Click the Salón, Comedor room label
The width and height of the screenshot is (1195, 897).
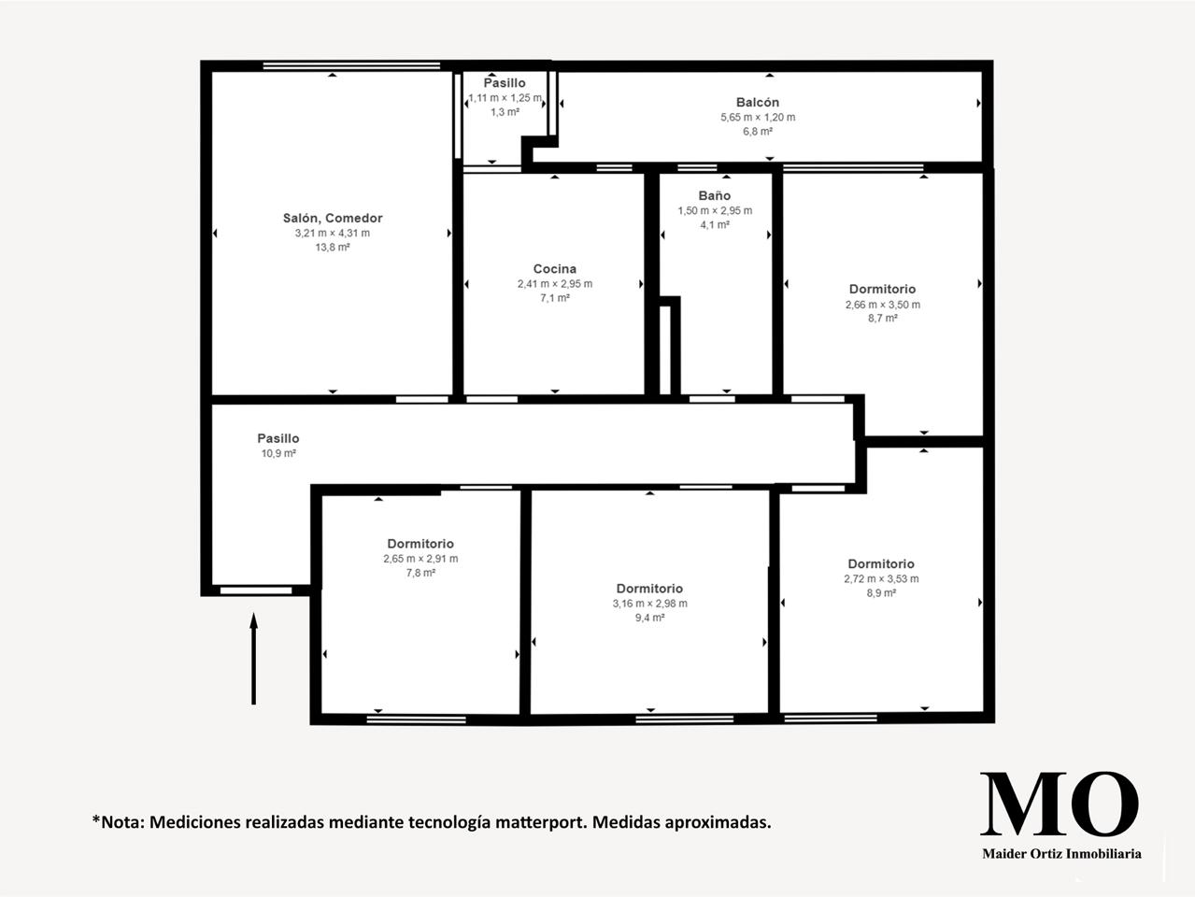[x=333, y=219]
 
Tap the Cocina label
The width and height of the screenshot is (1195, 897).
[x=555, y=269]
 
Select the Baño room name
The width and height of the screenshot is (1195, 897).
[x=714, y=195]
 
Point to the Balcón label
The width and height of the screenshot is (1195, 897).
[x=758, y=103]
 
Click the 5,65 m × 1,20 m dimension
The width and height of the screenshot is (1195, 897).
[x=758, y=117]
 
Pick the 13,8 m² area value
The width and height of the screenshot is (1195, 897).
[x=333, y=247]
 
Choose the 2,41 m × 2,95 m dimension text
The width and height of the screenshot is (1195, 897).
[x=555, y=283]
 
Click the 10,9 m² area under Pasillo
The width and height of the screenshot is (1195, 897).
[x=278, y=453]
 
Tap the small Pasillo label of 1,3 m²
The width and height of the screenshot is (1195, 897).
[x=505, y=83]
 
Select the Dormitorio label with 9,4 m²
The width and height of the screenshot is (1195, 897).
[x=649, y=589]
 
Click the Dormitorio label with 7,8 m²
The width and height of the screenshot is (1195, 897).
[x=420, y=543]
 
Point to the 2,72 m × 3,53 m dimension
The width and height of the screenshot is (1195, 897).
[x=881, y=578]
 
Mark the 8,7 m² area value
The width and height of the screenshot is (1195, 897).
[x=883, y=318]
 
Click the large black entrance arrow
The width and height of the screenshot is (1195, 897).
[x=254, y=659]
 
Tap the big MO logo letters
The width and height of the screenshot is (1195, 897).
[x=1060, y=804]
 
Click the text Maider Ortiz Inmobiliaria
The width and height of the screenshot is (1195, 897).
[x=1061, y=853]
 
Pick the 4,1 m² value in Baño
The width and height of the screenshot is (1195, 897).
[x=714, y=224]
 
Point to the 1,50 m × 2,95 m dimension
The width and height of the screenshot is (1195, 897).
[x=715, y=210]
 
